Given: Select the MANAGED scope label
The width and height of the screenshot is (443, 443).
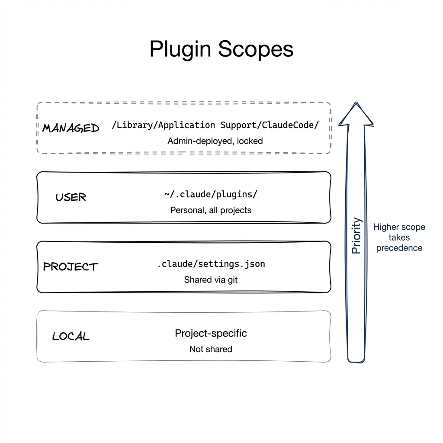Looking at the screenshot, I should click(71, 128).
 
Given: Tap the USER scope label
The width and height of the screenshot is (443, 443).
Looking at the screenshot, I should click(71, 197).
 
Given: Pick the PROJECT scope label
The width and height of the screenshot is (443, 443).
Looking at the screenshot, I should click(71, 266).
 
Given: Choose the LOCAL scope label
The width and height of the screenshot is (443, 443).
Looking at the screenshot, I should click(71, 336).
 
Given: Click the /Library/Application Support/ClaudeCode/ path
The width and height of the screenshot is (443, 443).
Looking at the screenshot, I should click(215, 125).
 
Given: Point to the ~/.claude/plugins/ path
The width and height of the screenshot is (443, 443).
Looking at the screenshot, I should click(211, 194).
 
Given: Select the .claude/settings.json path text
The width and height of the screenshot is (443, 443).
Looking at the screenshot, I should click(211, 263).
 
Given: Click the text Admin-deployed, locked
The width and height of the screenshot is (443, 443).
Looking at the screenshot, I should click(215, 141).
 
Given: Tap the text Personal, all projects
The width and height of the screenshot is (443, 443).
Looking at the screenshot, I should click(211, 210).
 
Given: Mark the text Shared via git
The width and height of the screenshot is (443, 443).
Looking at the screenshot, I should click(211, 279).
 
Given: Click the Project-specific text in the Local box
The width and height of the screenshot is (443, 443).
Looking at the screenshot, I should click(211, 333).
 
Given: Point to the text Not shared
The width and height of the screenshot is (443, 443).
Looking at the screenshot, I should click(211, 349).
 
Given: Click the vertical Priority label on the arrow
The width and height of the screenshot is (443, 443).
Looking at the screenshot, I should click(356, 235).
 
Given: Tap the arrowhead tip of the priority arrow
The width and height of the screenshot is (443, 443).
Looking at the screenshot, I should click(356, 105).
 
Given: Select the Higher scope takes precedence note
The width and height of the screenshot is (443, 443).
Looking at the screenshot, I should click(399, 237).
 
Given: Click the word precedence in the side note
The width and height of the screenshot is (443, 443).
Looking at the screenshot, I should click(399, 248).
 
